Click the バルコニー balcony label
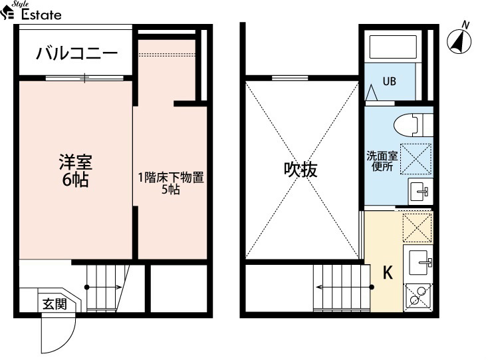pyautogui.click(x=77, y=53)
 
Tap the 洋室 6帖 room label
pyautogui.click(x=76, y=170)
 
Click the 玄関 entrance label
pyautogui.click(x=55, y=304)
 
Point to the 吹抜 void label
pyautogui.click(x=301, y=170)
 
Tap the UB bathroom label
pyautogui.click(x=389, y=81)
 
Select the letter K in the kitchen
pyautogui.click(x=388, y=272)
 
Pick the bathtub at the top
pyautogui.click(x=393, y=47)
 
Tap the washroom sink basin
pyautogui.click(x=420, y=190)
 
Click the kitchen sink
pyautogui.click(x=418, y=264)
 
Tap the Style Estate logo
pyautogui.click(x=31, y=11)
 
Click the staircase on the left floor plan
pyautogui.click(x=105, y=287)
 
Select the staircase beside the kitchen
pyautogui.click(x=342, y=287)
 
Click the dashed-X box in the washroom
pyautogui.click(x=416, y=159)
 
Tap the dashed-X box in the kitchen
pyautogui.click(x=418, y=228)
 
